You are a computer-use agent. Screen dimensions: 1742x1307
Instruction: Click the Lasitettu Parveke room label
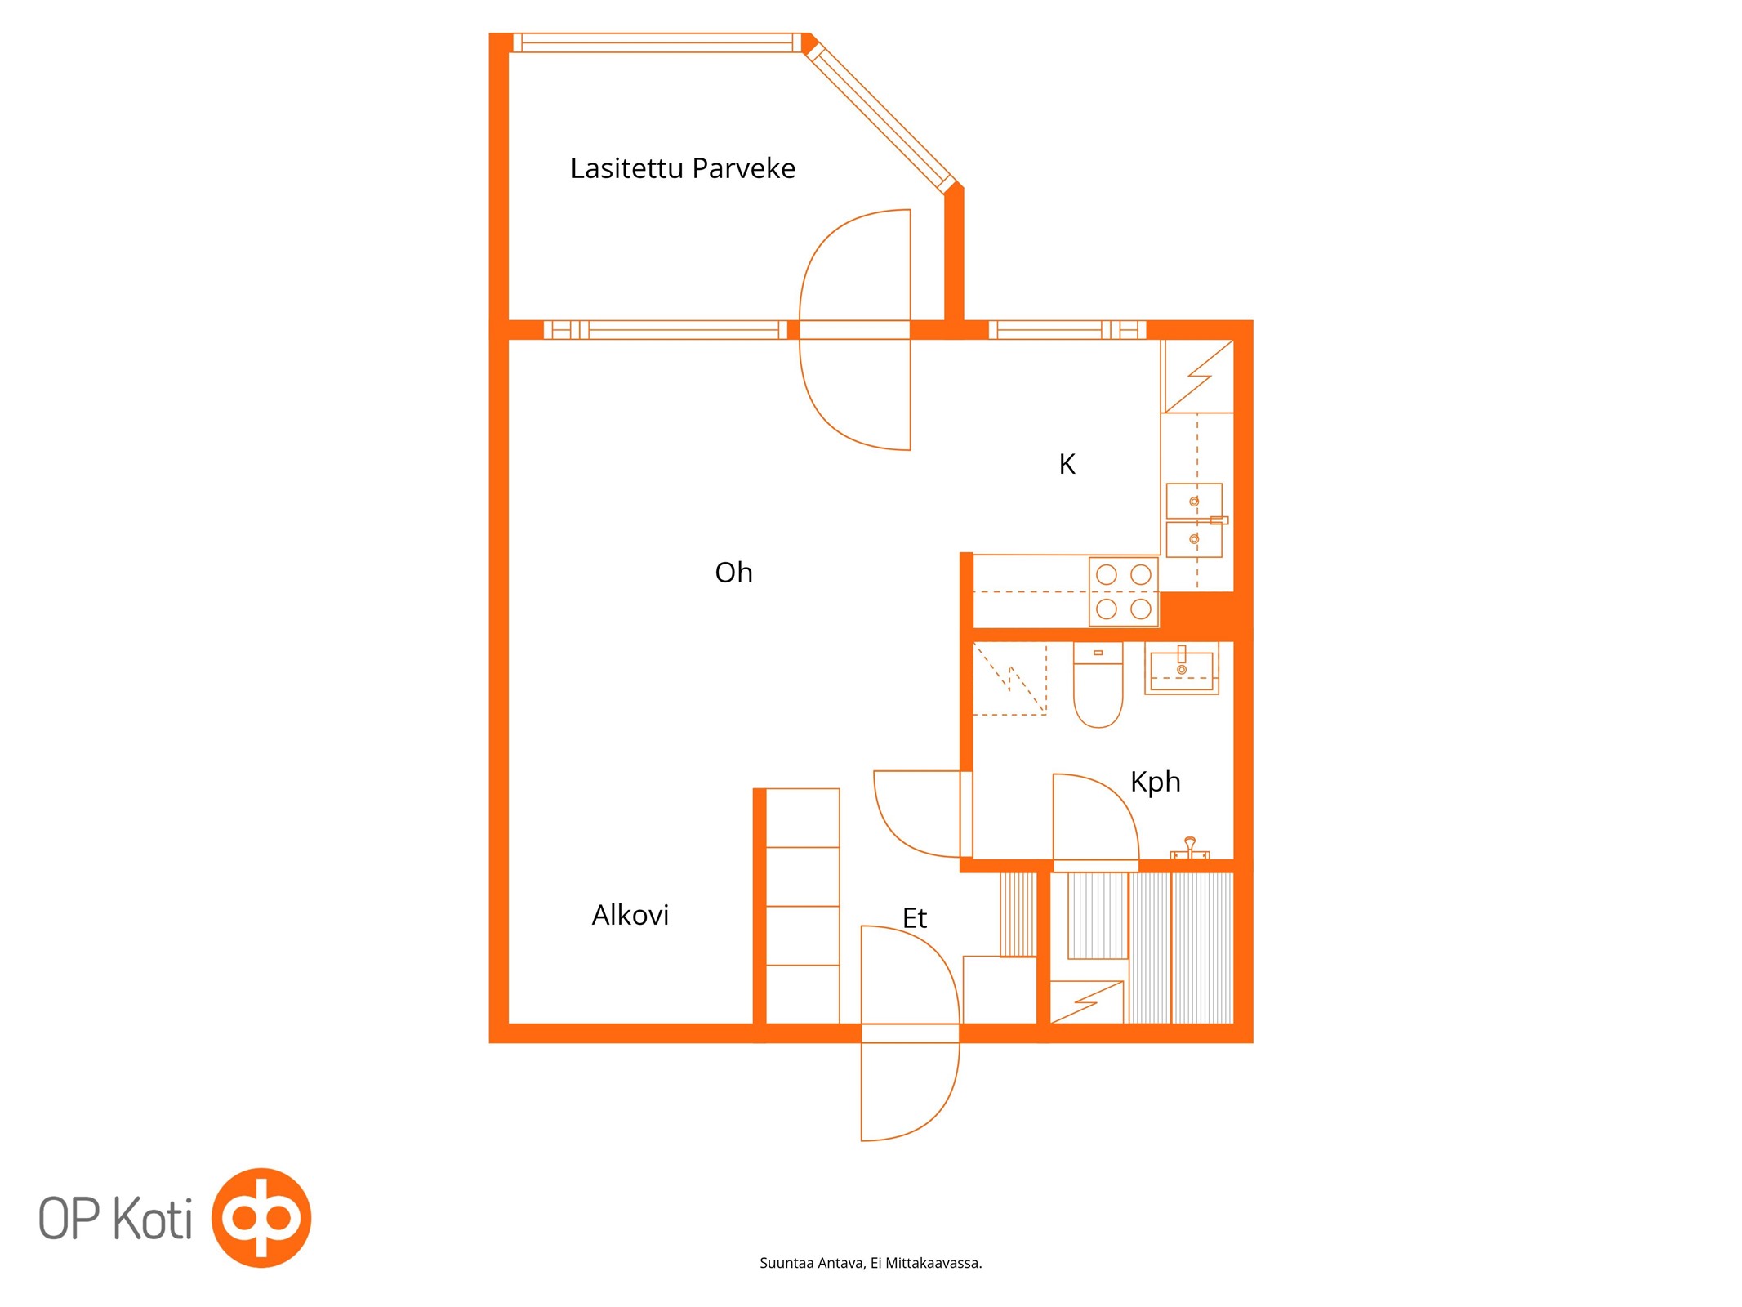tap(682, 168)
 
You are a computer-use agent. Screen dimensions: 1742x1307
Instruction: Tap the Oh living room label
tap(733, 573)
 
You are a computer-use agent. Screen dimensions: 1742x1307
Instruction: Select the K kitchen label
tap(1067, 464)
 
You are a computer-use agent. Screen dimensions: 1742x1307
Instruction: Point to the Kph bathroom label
tap(1155, 783)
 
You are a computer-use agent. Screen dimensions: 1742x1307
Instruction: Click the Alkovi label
tap(630, 915)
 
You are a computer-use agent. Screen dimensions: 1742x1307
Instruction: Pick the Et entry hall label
tap(914, 918)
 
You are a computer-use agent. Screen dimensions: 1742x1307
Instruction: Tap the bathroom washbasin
tap(1181, 668)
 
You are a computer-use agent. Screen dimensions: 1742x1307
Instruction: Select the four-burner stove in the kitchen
tap(1123, 591)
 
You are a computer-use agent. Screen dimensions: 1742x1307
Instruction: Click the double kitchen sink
tap(1194, 520)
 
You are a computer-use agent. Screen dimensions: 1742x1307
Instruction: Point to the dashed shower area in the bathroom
tap(1009, 679)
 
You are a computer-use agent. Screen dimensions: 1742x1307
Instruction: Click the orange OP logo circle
tap(261, 1217)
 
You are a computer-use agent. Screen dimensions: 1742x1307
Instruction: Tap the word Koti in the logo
tap(152, 1218)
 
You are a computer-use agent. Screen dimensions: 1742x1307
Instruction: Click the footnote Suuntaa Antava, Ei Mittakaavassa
tap(871, 1263)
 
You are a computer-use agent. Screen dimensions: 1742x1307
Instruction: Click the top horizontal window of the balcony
tap(657, 42)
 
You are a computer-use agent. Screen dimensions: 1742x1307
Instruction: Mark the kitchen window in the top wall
tap(1067, 330)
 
